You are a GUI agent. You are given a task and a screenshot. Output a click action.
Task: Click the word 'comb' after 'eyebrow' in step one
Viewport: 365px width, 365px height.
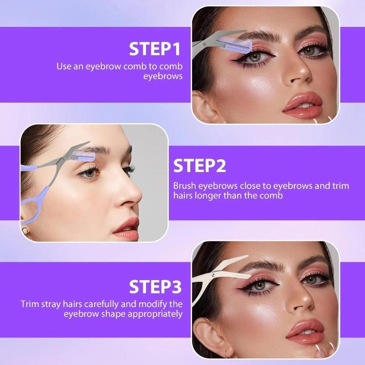[x=137, y=66]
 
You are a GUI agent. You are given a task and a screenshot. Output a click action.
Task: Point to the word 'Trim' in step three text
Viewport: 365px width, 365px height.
[x=29, y=304]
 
